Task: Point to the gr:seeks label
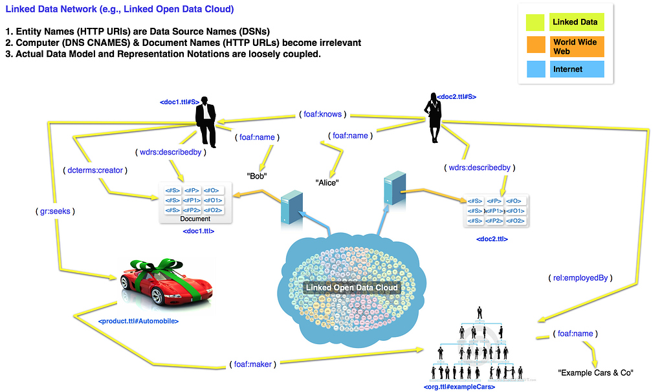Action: pos(57,211)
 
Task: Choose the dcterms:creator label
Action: pos(95,170)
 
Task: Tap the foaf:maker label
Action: pos(253,364)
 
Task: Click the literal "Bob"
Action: pos(257,176)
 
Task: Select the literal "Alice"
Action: pos(327,182)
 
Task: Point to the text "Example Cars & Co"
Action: pos(595,373)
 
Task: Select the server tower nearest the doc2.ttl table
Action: pos(394,187)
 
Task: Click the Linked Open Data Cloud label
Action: pos(351,287)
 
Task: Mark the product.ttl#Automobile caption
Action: pos(138,321)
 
